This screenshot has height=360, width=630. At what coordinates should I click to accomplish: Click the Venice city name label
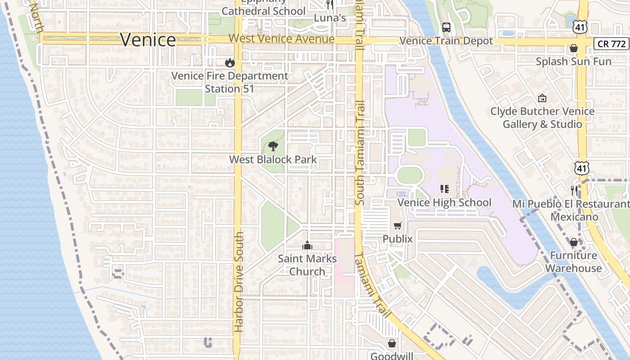click(x=148, y=40)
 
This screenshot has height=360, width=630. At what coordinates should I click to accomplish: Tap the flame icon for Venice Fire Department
click(x=230, y=63)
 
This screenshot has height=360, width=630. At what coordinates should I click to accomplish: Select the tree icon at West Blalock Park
click(x=273, y=146)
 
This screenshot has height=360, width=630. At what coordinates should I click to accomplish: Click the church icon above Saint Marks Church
click(x=307, y=245)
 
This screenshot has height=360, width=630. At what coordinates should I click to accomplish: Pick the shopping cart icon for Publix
click(x=397, y=225)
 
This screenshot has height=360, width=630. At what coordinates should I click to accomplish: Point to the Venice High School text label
click(x=444, y=202)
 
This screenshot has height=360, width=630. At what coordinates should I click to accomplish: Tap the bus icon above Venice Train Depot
click(x=446, y=27)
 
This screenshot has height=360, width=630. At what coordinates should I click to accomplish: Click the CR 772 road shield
click(x=612, y=44)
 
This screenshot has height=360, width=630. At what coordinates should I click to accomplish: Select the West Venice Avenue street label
click(x=281, y=39)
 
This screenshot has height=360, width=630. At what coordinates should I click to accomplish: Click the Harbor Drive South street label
click(x=239, y=282)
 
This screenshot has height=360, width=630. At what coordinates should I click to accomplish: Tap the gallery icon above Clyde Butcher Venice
click(x=542, y=98)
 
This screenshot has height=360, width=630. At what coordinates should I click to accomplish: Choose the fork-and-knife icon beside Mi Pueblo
click(x=574, y=190)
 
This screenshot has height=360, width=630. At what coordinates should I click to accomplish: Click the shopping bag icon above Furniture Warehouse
click(x=574, y=243)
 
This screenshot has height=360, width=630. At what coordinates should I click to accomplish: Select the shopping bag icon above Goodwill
click(x=392, y=343)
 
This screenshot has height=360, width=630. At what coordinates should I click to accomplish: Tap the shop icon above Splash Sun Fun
click(x=574, y=48)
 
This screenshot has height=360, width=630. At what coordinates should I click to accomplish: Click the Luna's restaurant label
click(x=330, y=18)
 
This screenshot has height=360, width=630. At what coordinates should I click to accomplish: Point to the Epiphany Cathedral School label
click(x=263, y=8)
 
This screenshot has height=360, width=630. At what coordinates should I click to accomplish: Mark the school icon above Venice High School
click(x=444, y=189)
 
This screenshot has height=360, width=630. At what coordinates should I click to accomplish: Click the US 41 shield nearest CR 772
click(x=580, y=27)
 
